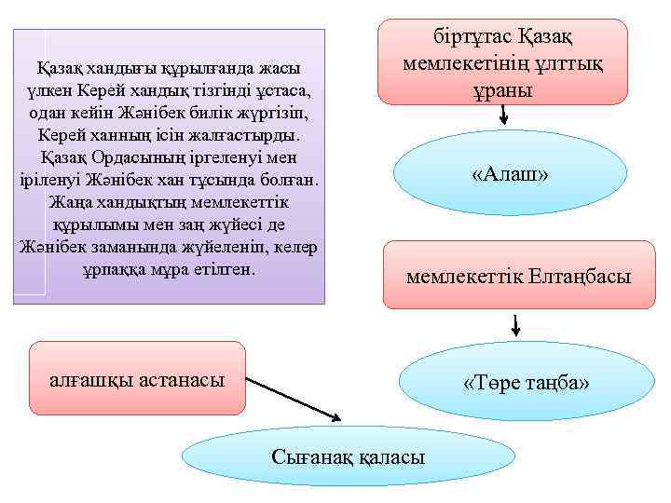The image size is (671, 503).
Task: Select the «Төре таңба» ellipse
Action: (x=527, y=384)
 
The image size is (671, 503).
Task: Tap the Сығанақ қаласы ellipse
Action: (x=348, y=456)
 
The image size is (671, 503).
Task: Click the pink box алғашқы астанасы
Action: (x=137, y=378)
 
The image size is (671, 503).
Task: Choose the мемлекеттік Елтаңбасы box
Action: (x=518, y=275)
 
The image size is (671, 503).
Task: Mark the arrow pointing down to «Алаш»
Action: (x=503, y=114)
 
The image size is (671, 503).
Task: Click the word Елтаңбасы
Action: (x=580, y=277)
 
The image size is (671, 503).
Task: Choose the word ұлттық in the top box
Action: (x=570, y=64)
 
